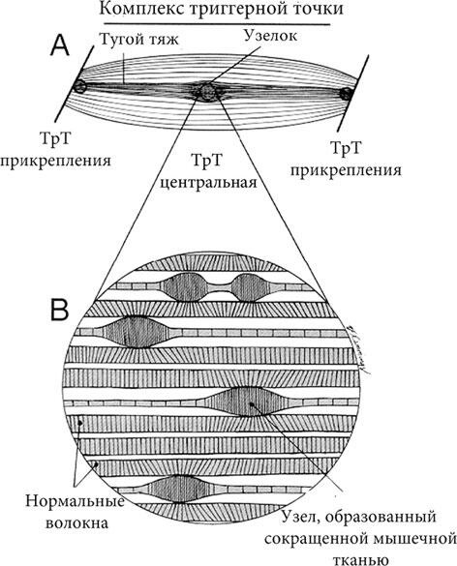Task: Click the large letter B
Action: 60,310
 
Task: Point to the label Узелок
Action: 271,36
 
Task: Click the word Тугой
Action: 116,39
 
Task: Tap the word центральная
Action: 208,182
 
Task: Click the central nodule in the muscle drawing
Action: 207,92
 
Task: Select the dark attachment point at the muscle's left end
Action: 79,86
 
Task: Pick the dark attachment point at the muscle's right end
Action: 346,94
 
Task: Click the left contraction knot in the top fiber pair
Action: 187,287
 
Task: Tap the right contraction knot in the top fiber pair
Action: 249,287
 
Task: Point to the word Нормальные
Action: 75,502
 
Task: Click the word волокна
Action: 76,523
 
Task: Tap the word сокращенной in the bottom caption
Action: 313,539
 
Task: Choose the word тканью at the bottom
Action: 361,559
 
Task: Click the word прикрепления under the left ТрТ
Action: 55,161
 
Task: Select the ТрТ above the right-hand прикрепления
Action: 346,148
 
